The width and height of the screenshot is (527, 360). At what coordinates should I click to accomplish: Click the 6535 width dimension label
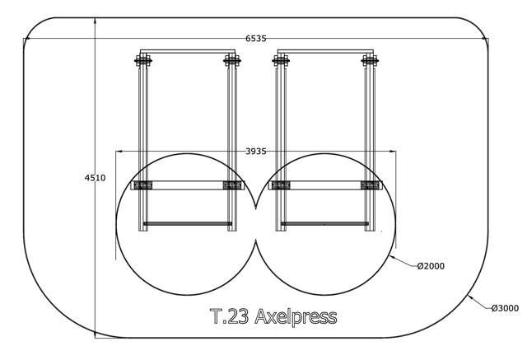click(x=255, y=39)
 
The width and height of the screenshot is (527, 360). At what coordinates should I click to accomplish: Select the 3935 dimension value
click(x=255, y=152)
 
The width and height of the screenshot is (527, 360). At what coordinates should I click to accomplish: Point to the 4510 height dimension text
click(x=95, y=178)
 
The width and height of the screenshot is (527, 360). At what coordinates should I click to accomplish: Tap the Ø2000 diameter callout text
click(x=431, y=266)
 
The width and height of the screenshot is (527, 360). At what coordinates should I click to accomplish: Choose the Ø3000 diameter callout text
click(x=505, y=308)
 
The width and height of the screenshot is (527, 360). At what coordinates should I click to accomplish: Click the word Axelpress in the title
click(x=296, y=317)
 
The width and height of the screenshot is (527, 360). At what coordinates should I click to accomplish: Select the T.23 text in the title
click(x=230, y=316)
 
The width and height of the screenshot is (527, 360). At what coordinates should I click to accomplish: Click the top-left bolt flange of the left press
click(x=143, y=61)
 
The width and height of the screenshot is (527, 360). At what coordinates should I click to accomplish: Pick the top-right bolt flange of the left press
click(x=232, y=61)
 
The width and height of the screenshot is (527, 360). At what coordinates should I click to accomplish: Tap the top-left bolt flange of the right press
click(x=281, y=61)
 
